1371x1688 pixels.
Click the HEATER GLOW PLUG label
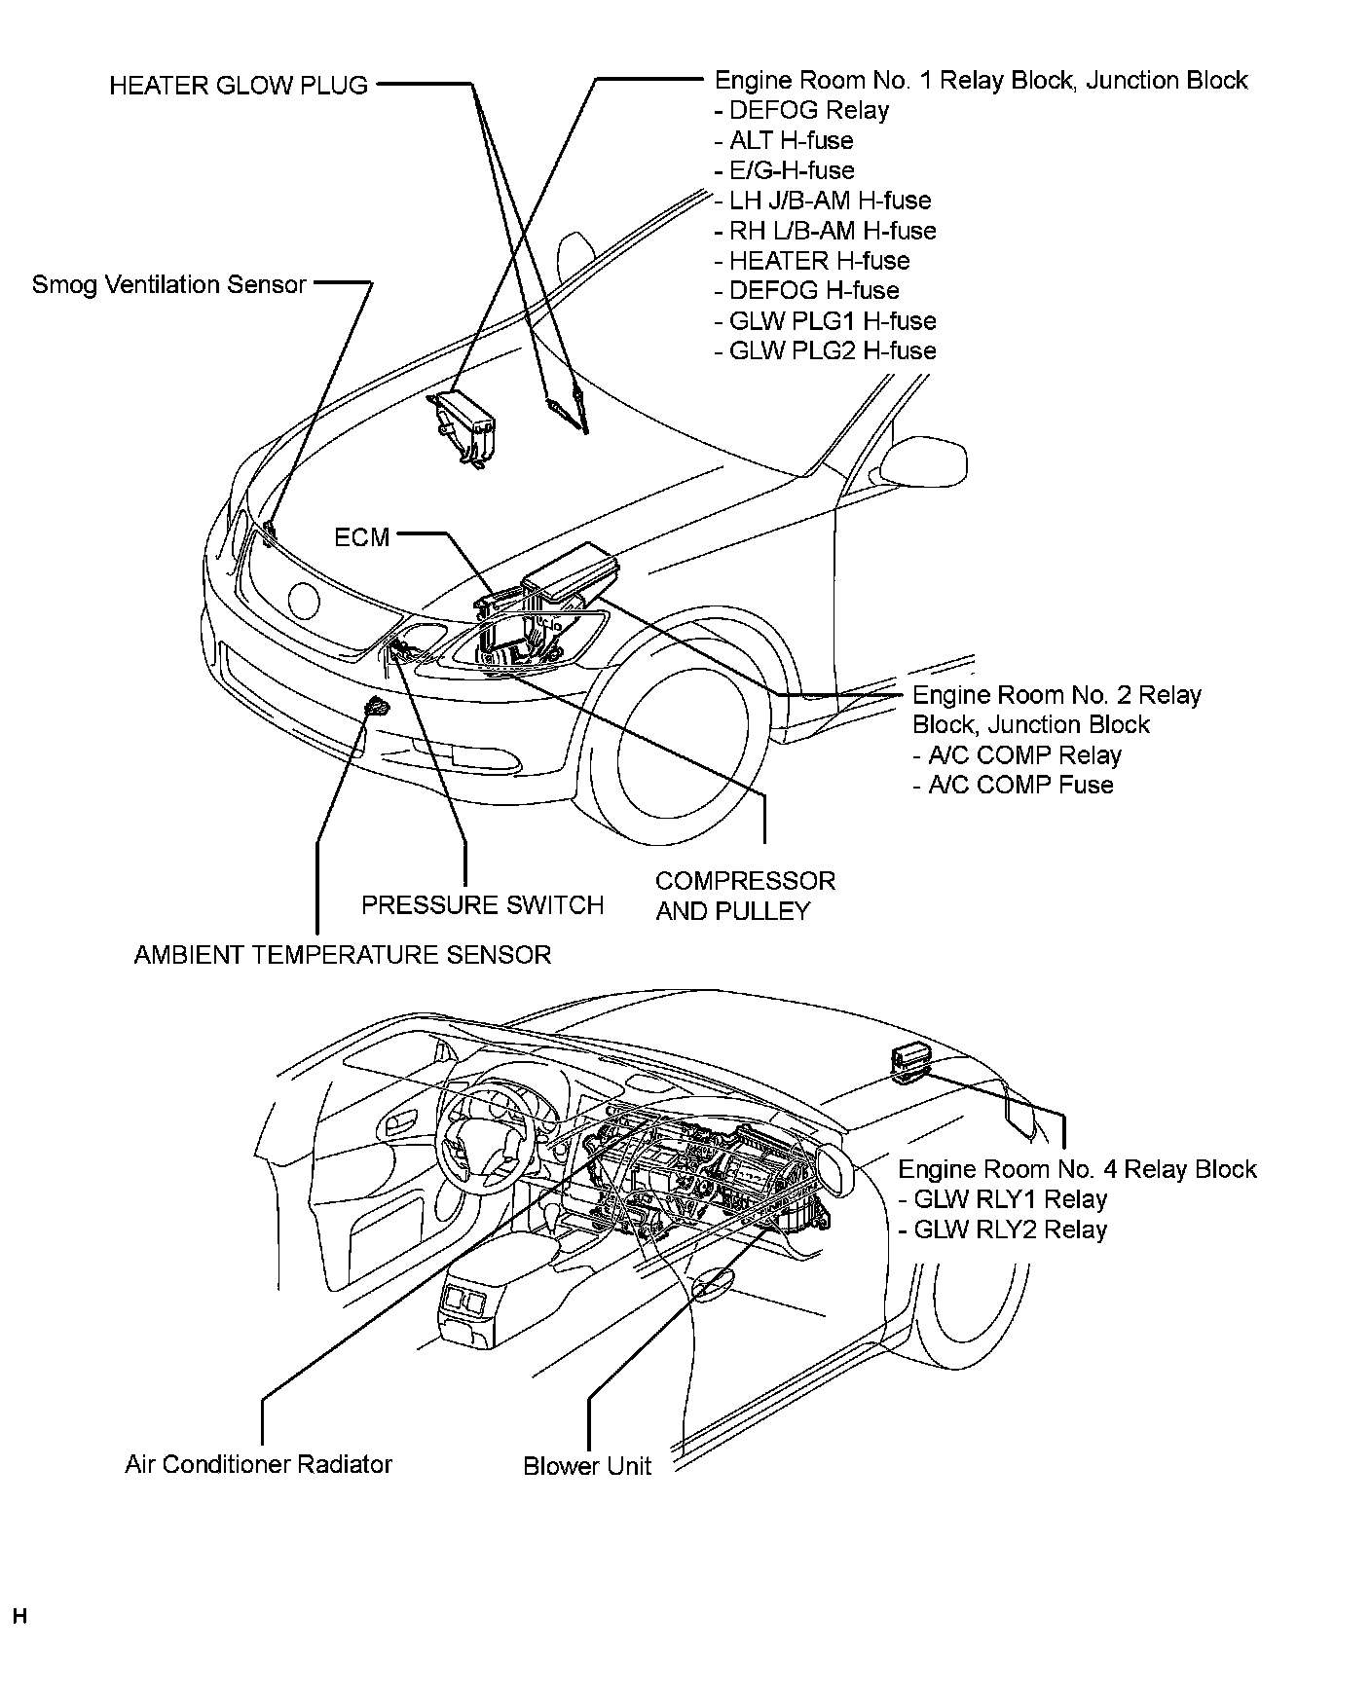coord(239,86)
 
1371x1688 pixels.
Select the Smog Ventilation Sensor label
coord(169,285)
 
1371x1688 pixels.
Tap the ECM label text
coord(361,537)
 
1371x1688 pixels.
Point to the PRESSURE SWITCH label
coord(482,905)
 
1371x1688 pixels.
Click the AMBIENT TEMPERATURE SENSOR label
coord(342,955)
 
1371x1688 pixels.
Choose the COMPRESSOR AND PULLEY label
coord(745,896)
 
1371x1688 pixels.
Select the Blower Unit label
coord(586,1466)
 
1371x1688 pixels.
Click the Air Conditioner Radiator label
coord(258,1464)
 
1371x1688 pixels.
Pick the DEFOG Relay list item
coord(802,110)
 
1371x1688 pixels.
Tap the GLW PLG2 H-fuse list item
coord(826,351)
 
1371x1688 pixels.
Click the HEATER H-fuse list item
coord(812,261)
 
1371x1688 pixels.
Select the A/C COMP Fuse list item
coord(1013,786)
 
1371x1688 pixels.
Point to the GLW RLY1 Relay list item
coord(1003,1199)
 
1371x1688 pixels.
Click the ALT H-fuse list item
coord(784,140)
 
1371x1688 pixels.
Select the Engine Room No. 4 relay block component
coord(909,1062)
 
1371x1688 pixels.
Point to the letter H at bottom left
coord(19,1618)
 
